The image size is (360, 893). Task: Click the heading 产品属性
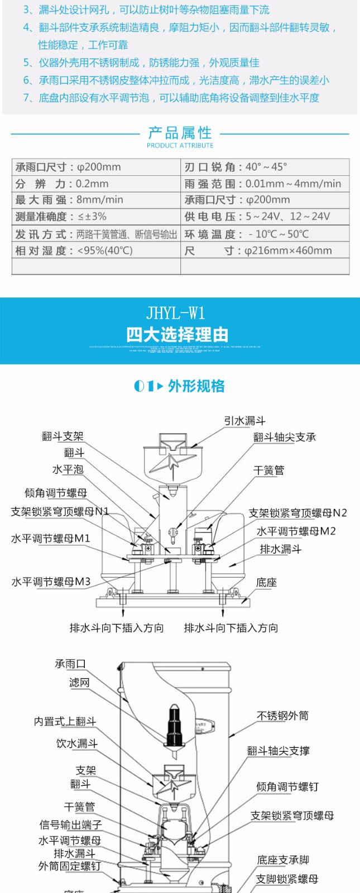[180, 133]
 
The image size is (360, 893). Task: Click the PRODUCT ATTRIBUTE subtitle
[180, 146]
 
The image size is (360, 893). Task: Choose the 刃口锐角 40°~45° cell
[265, 167]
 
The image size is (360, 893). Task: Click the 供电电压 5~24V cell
[265, 217]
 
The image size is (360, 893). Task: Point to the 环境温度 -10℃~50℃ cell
[265, 234]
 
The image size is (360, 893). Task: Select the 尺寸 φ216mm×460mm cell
[265, 251]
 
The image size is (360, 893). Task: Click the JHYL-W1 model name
[176, 313]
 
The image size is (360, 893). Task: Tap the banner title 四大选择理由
[177, 335]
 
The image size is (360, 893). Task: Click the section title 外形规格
[196, 386]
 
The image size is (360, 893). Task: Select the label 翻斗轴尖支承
[284, 437]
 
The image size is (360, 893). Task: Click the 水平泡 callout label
[68, 469]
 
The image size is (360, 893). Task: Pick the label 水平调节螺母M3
[51, 582]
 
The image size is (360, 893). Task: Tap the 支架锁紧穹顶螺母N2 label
[297, 513]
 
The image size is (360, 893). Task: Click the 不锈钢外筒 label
[282, 716]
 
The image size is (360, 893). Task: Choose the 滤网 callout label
[79, 683]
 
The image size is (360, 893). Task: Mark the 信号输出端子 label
[70, 824]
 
